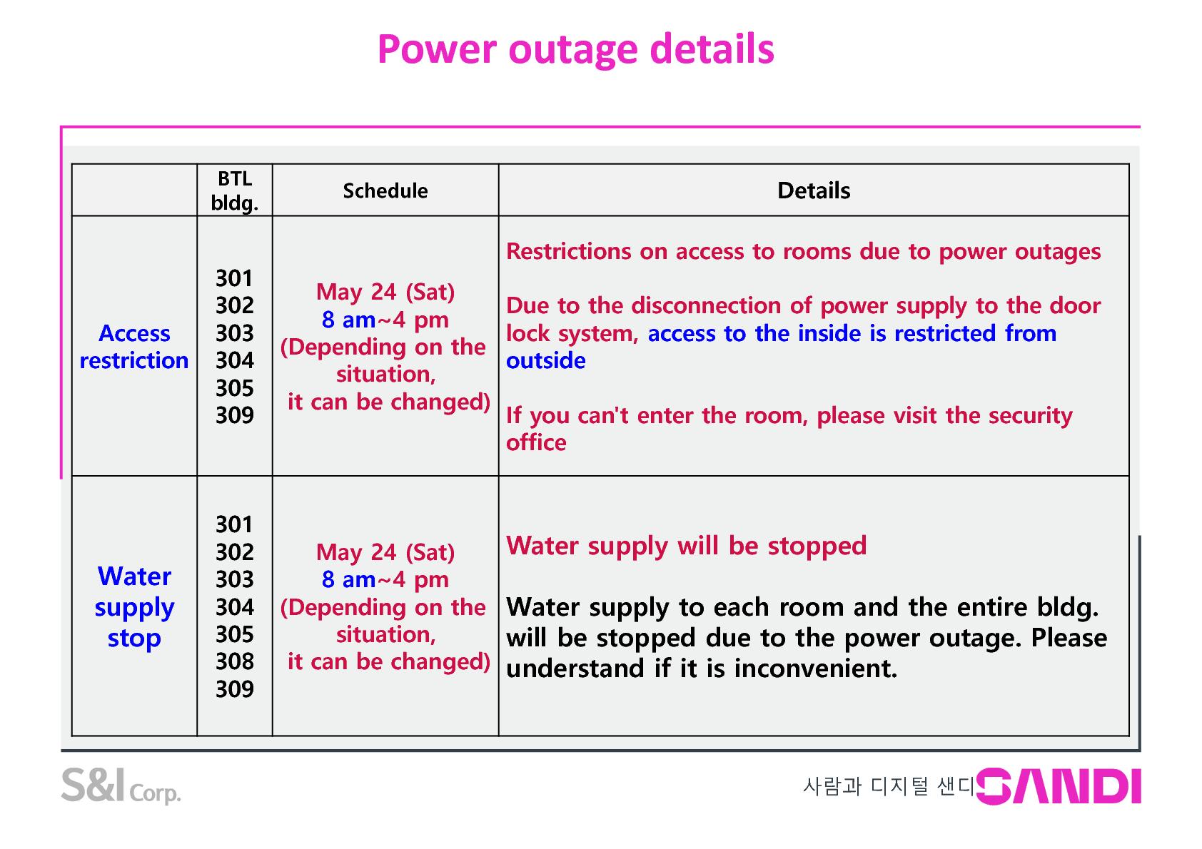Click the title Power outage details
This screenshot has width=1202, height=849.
576,50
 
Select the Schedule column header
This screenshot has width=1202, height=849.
385,191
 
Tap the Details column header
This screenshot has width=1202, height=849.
814,191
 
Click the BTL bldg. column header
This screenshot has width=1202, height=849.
235,191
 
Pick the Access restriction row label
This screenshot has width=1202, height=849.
134,347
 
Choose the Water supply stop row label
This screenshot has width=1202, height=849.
134,606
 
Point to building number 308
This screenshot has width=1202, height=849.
235,661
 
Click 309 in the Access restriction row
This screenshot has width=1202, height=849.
235,415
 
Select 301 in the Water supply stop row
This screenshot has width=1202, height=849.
235,524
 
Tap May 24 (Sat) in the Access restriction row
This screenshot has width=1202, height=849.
385,293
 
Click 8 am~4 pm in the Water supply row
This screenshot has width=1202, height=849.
385,580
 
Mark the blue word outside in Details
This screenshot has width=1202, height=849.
546,360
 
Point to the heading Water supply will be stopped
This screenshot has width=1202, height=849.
687,546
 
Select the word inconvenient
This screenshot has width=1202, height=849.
816,668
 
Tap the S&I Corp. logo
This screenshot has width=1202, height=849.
121,786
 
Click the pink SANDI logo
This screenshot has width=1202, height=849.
1059,786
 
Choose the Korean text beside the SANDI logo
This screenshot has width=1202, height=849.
888,787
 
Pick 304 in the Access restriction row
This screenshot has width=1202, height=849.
235,360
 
